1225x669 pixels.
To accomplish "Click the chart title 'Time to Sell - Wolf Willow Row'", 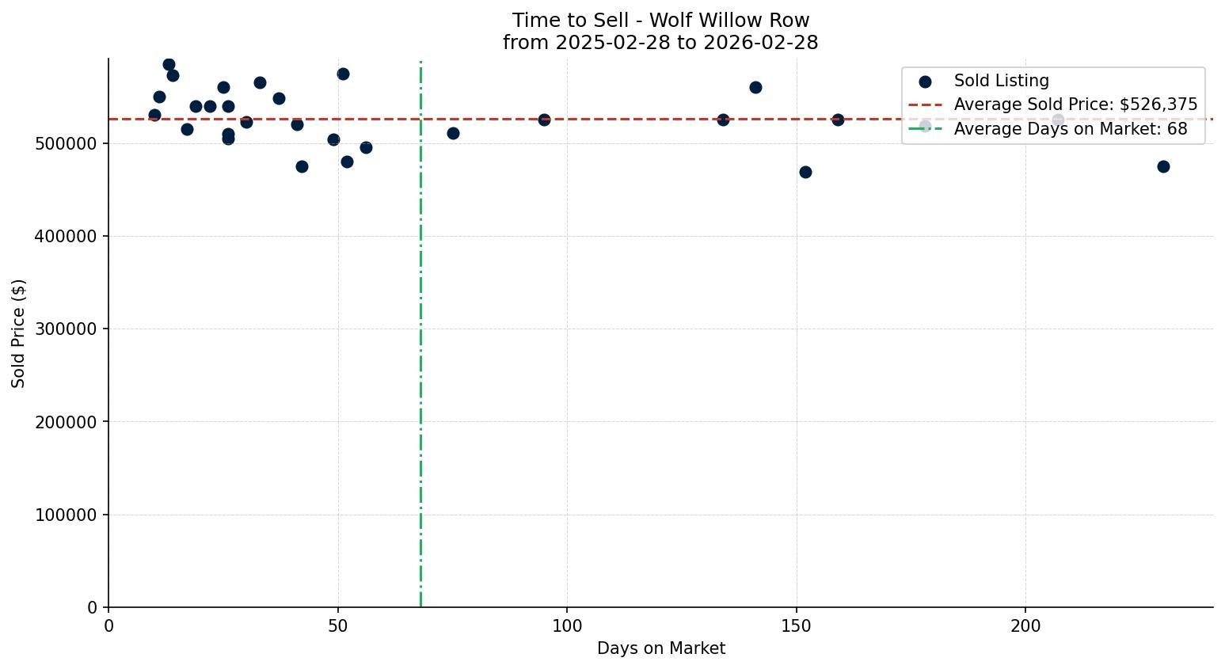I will pyautogui.click(x=660, y=21).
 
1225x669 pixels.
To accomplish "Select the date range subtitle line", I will pyautogui.click(x=660, y=43).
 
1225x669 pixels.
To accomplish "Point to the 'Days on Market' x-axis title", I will pyautogui.click(x=660, y=648).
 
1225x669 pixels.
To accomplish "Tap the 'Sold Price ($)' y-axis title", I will pyautogui.click(x=18, y=333).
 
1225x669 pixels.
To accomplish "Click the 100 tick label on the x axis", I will pyautogui.click(x=567, y=625).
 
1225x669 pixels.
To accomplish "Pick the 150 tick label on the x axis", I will pyautogui.click(x=796, y=625).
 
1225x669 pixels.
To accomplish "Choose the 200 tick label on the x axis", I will pyautogui.click(x=1025, y=625).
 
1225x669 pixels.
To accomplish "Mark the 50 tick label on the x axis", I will pyautogui.click(x=338, y=625).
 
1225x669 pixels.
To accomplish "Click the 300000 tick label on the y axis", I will pyautogui.click(x=67, y=329).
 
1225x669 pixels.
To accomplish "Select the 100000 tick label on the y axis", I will pyautogui.click(x=67, y=515).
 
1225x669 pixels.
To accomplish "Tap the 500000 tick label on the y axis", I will pyautogui.click(x=67, y=144).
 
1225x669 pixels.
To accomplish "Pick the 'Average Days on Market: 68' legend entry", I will pyautogui.click(x=1070, y=129).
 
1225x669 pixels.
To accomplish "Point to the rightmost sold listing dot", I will pyautogui.click(x=1163, y=166).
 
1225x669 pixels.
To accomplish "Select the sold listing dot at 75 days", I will pyautogui.click(x=453, y=133).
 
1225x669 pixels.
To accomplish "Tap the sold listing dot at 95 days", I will pyautogui.click(x=544, y=120).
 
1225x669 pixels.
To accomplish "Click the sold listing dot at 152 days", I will pyautogui.click(x=805, y=172).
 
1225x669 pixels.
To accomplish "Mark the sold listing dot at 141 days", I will pyautogui.click(x=755, y=87).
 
